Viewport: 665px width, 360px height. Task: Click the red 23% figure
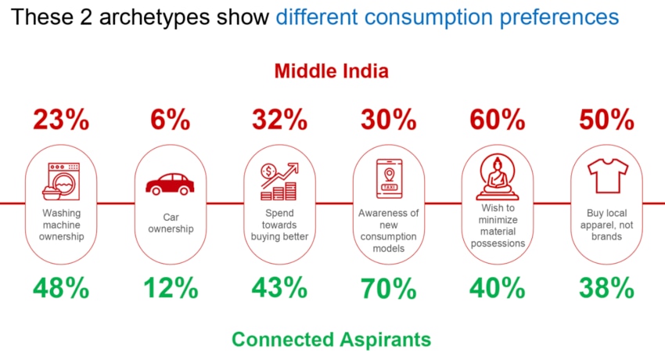click(61, 120)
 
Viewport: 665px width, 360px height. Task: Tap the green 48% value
click(61, 288)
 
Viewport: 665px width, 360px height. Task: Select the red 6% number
click(170, 120)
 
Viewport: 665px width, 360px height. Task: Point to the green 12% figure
click(170, 288)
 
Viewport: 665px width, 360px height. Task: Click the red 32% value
click(279, 120)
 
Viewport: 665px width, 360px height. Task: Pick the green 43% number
click(279, 288)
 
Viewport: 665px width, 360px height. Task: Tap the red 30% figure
click(388, 120)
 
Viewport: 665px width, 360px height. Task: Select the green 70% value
click(388, 288)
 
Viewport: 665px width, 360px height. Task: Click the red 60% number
click(497, 120)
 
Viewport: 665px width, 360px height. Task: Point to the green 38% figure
click(606, 288)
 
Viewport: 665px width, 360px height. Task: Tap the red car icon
click(170, 184)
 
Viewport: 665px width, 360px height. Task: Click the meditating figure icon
click(497, 176)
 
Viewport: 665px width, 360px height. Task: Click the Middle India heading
click(332, 72)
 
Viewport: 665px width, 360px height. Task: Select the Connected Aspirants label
click(332, 340)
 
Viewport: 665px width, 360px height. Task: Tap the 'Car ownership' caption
click(170, 224)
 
